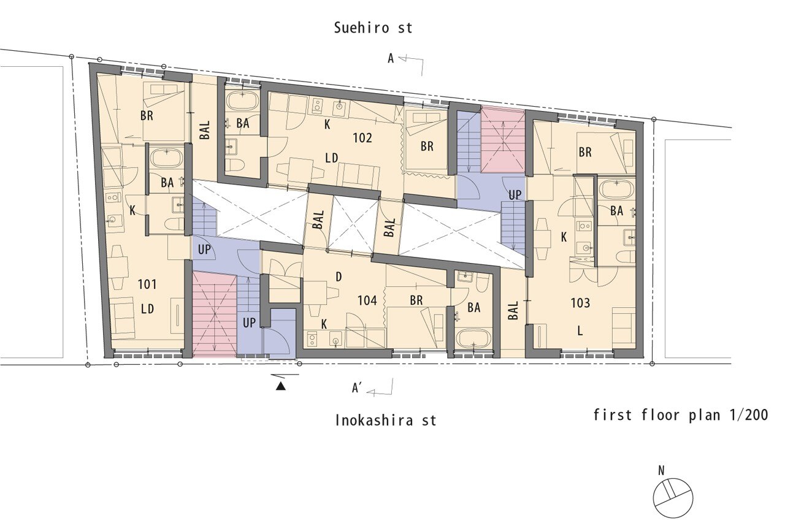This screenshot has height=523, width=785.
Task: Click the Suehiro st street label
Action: tap(373, 28)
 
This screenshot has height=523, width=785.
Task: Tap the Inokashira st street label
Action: tap(386, 420)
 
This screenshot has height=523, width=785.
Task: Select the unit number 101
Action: tap(147, 284)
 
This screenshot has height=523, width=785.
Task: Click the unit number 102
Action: tap(362, 138)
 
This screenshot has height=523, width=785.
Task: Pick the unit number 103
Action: tap(580, 303)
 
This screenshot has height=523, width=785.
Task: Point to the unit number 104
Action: tap(367, 300)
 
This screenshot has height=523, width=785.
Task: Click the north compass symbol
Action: tap(673, 498)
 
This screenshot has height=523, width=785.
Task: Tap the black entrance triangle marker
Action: tap(280, 386)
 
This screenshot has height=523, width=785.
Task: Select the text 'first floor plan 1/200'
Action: tap(681, 415)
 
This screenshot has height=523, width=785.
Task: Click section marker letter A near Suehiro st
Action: tap(391, 58)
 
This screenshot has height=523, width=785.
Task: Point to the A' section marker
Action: tap(357, 388)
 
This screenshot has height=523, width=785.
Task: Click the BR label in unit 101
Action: tap(147, 116)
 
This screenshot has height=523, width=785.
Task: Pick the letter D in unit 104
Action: tap(339, 277)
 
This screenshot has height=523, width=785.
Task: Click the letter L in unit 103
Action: tap(580, 330)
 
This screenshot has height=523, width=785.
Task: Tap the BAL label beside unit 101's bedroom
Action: tap(205, 129)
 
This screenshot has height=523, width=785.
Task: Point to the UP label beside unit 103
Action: tap(515, 195)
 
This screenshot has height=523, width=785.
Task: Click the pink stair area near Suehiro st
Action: tap(503, 139)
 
